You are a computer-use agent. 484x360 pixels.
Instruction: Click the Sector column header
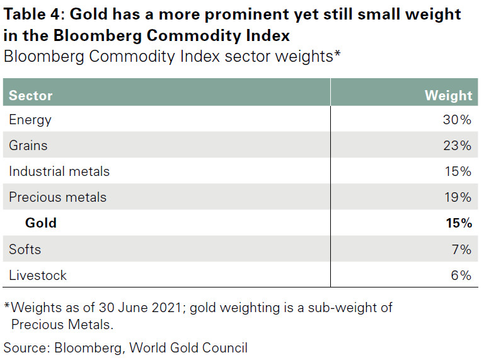(x=30, y=96)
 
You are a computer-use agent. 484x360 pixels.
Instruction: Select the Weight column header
(x=448, y=96)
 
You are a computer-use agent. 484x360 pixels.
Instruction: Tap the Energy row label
(x=30, y=120)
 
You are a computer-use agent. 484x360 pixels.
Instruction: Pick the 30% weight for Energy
(x=457, y=120)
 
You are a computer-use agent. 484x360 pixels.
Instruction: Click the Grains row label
(x=28, y=146)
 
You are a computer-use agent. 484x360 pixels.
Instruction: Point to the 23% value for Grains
(x=457, y=146)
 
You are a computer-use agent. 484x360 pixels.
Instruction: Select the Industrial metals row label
(x=59, y=171)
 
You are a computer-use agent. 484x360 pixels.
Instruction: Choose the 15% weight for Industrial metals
(x=457, y=171)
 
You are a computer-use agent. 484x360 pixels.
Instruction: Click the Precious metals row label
(x=57, y=197)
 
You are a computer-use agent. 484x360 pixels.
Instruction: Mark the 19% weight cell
(x=457, y=197)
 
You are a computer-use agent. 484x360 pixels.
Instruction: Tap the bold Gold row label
(x=41, y=223)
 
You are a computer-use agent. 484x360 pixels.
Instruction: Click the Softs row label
(x=25, y=250)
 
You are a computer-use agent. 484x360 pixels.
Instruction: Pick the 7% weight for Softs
(x=460, y=250)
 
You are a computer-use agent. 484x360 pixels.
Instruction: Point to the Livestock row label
(x=38, y=276)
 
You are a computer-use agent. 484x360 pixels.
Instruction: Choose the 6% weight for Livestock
(x=460, y=276)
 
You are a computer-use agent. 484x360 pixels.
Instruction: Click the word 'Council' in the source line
(x=225, y=347)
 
